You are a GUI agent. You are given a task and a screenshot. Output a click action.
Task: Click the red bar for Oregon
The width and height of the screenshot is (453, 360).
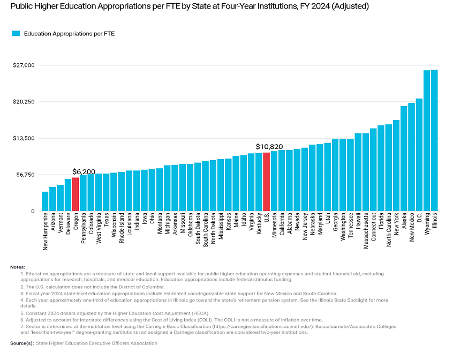tap(76, 194)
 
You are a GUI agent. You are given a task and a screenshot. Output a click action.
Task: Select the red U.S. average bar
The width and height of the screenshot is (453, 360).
tap(266, 182)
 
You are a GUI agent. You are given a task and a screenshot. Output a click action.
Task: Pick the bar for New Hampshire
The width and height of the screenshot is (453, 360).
tap(45, 201)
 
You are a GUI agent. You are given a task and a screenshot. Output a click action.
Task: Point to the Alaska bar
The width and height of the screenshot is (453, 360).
tap(404, 159)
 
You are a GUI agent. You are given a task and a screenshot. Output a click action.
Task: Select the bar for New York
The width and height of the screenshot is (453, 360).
tap(396, 166)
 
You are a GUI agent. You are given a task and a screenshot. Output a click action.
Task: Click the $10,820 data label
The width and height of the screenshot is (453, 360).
tap(269, 146)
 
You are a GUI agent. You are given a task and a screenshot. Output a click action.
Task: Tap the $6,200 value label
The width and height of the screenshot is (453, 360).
tap(84, 171)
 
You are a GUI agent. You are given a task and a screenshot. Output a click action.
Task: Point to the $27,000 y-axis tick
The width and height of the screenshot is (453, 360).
tap(24, 65)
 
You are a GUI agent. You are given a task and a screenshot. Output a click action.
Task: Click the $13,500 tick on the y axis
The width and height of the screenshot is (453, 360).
tap(24, 138)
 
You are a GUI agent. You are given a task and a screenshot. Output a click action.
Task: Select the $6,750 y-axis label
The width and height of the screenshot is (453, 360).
tap(25, 175)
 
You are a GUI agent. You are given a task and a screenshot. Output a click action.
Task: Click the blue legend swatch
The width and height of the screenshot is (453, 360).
tap(16, 33)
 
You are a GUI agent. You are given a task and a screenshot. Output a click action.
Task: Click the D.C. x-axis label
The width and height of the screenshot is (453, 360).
tap(419, 220)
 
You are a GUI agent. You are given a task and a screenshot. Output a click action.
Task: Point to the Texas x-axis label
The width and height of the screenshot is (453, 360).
tap(106, 222)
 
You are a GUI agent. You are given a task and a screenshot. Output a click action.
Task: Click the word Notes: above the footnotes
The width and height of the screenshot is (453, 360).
tap(17, 267)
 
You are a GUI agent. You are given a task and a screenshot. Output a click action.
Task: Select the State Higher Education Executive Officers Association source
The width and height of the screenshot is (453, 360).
tap(96, 343)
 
